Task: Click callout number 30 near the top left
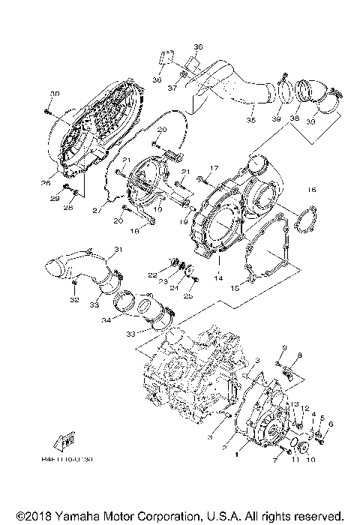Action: (x=54, y=93)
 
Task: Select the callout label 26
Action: (x=47, y=181)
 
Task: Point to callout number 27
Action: (x=95, y=212)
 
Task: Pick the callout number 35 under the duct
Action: (x=251, y=119)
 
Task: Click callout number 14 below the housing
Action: (x=219, y=278)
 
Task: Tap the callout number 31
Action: (x=118, y=250)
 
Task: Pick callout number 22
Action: (x=151, y=274)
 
